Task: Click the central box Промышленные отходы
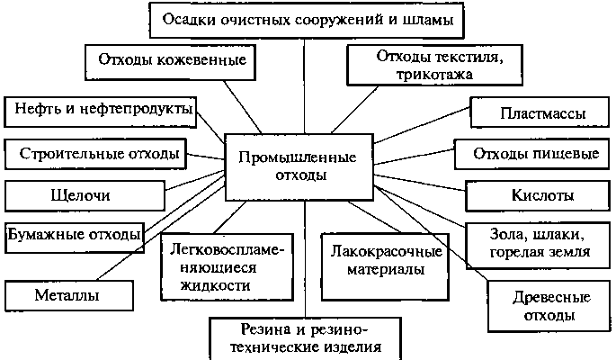[299, 167]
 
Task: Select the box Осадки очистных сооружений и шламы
[307, 20]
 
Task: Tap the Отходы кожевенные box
[170, 62]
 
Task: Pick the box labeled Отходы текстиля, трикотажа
[435, 65]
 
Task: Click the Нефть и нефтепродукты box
[100, 112]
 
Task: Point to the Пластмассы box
[540, 112]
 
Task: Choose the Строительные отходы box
[95, 154]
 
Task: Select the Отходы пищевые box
[532, 154]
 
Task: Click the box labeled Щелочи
[85, 195]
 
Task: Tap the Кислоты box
[538, 195]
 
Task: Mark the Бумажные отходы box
[75, 238]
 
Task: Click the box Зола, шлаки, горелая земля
[538, 246]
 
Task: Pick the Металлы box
[69, 295]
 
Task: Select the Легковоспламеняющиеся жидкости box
[228, 267]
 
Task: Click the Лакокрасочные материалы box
[385, 267]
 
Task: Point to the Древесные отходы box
[549, 306]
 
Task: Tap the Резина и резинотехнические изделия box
[305, 338]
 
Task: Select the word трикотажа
[434, 75]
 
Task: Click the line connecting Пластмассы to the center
[422, 125]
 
